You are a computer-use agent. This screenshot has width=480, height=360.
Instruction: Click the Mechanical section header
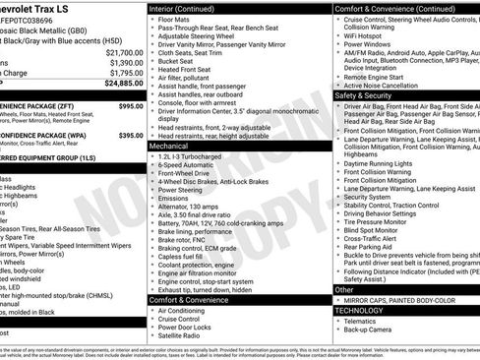[x=169, y=145]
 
